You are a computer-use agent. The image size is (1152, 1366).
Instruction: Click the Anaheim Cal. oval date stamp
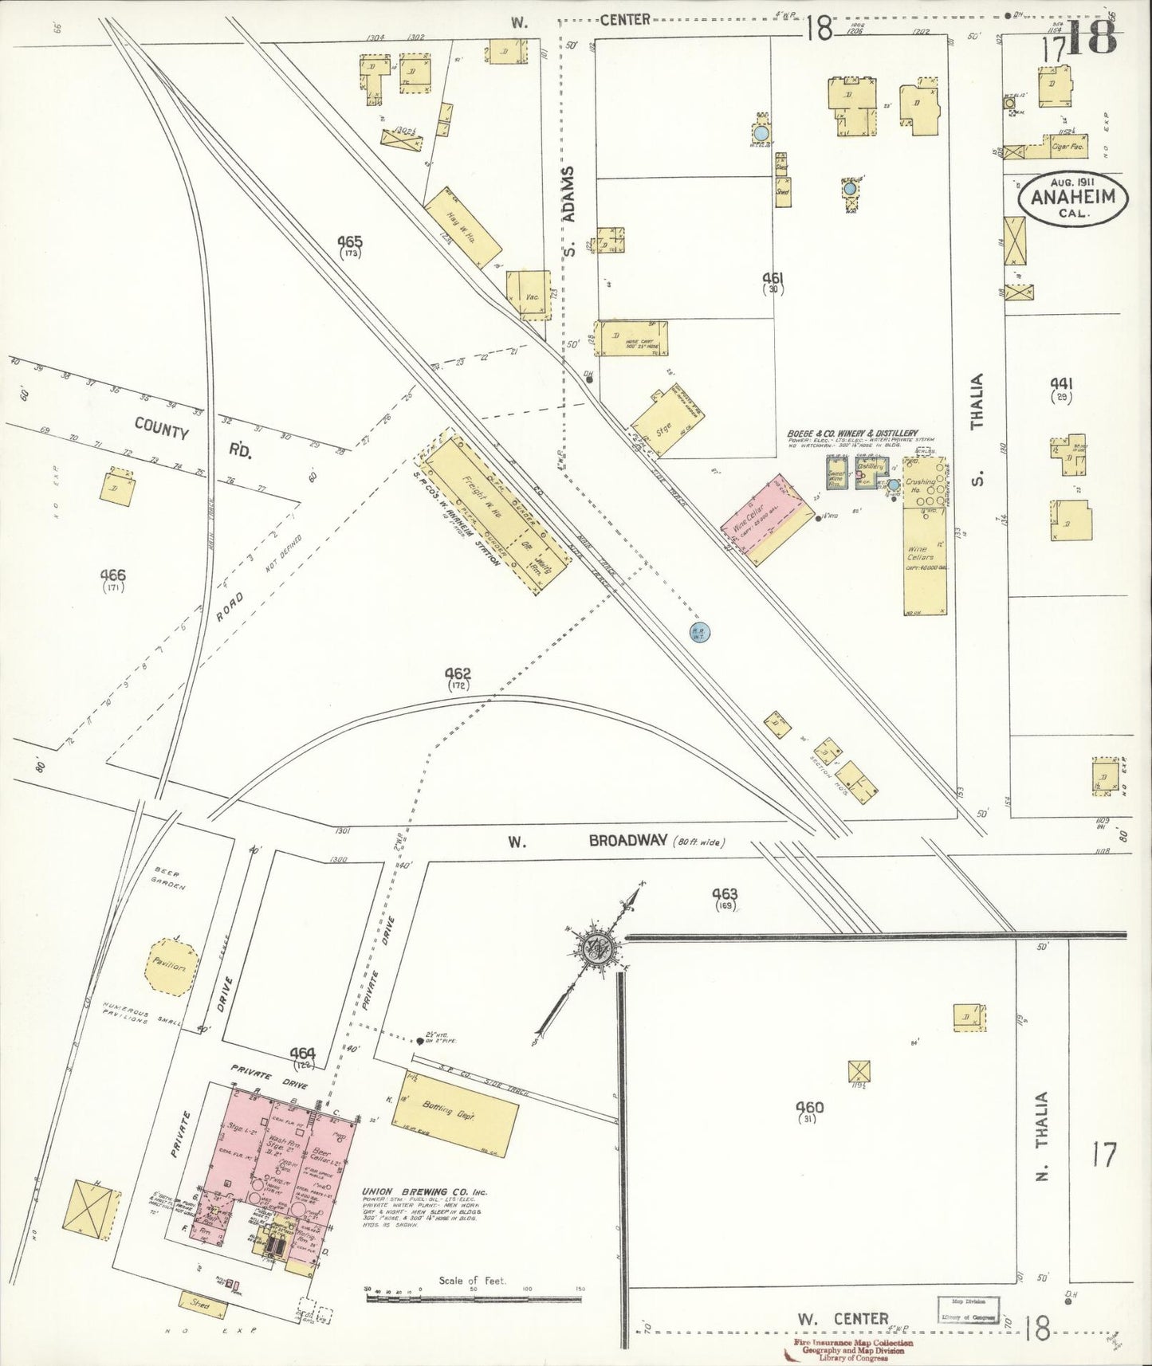coord(1072,199)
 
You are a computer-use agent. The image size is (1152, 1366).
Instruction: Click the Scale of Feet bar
coord(474,1298)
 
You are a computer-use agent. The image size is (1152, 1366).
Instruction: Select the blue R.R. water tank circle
coord(700,632)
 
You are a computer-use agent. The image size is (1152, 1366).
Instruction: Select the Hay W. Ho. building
coord(463,228)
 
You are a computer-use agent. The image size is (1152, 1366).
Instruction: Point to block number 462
coord(458,674)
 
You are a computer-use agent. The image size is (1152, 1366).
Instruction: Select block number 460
coord(809,1108)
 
